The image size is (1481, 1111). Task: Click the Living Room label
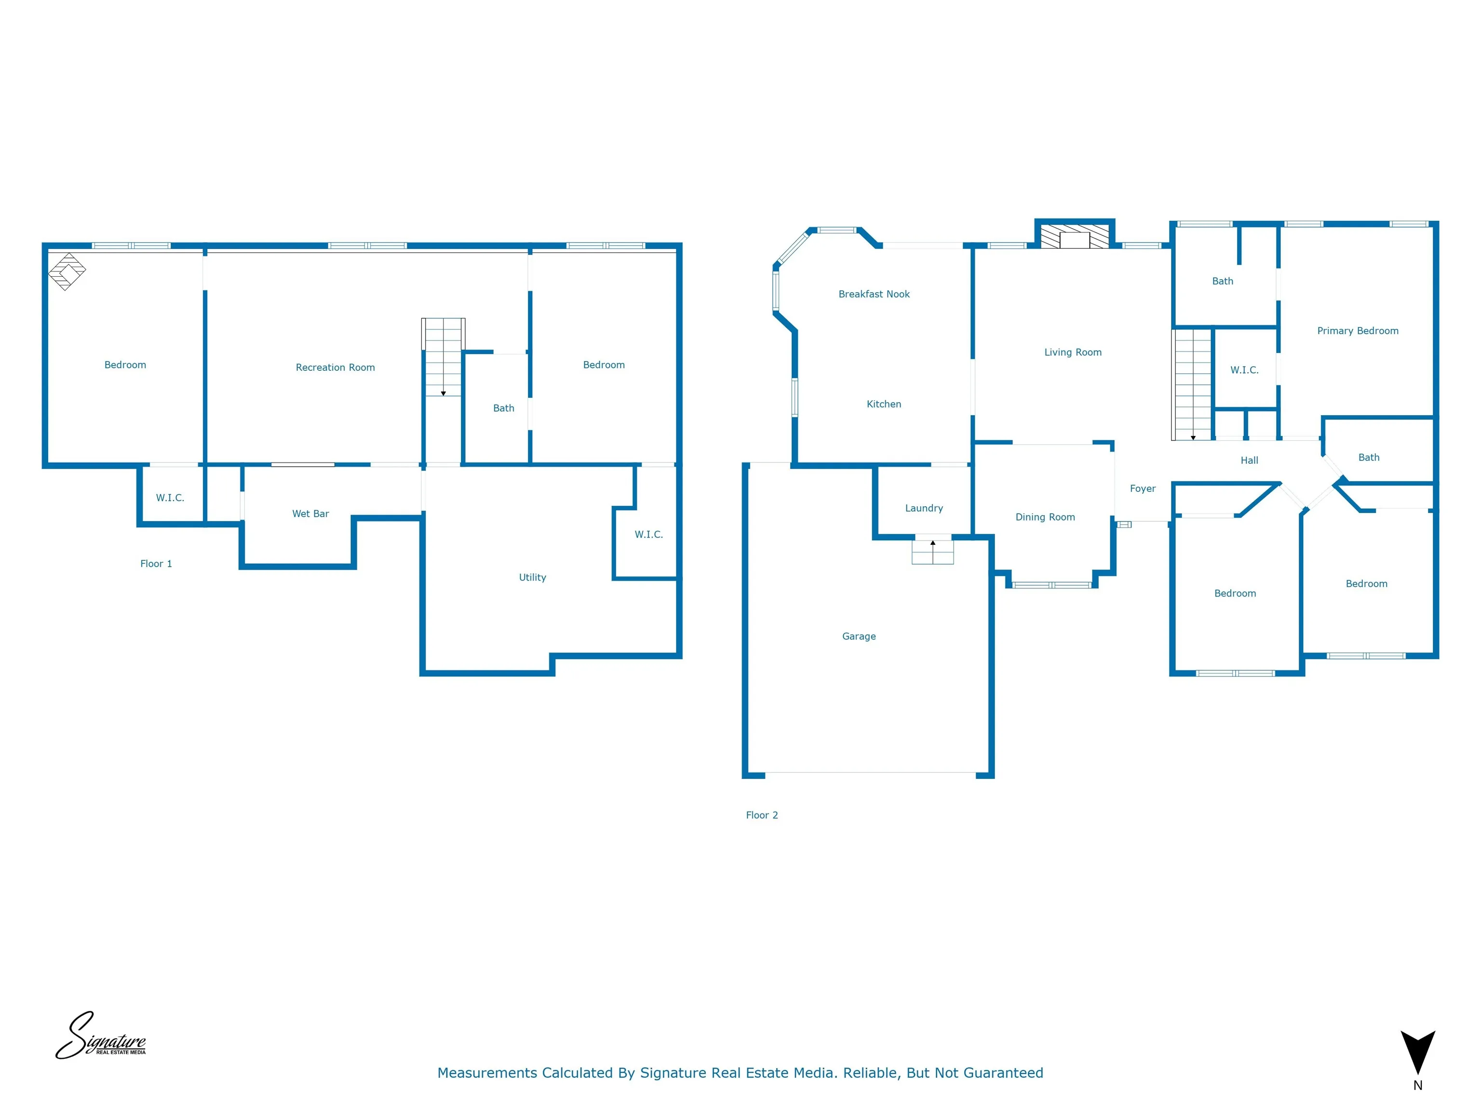click(x=1073, y=352)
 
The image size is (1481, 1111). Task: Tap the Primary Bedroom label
click(x=1357, y=331)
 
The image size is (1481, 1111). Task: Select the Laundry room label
click(x=924, y=508)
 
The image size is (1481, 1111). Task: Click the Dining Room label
click(x=1045, y=517)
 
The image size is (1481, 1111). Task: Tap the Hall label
click(x=1249, y=460)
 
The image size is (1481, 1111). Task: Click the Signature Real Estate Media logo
click(x=100, y=1036)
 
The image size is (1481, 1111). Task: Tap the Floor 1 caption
click(x=156, y=564)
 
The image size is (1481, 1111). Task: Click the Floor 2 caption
click(x=761, y=815)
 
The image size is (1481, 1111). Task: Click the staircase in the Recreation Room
click(x=443, y=358)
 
